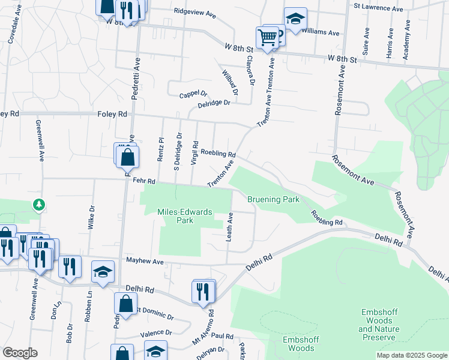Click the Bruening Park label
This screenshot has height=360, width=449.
273,199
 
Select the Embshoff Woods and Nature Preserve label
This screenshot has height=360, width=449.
378,325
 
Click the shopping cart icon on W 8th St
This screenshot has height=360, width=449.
267,37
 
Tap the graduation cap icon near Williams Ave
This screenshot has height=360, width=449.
295,19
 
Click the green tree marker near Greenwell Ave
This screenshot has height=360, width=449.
39,205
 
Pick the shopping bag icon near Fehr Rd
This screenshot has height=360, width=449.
128,158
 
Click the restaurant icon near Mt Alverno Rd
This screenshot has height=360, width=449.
203,291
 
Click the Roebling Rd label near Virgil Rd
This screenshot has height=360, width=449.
218,154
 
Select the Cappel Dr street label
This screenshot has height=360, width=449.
193,94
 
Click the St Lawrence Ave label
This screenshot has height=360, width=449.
378,7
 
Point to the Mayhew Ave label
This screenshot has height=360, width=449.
145,261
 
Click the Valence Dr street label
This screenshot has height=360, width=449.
156,332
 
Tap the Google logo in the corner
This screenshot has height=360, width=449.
20,353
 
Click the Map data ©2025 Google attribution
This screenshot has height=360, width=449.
412,355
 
